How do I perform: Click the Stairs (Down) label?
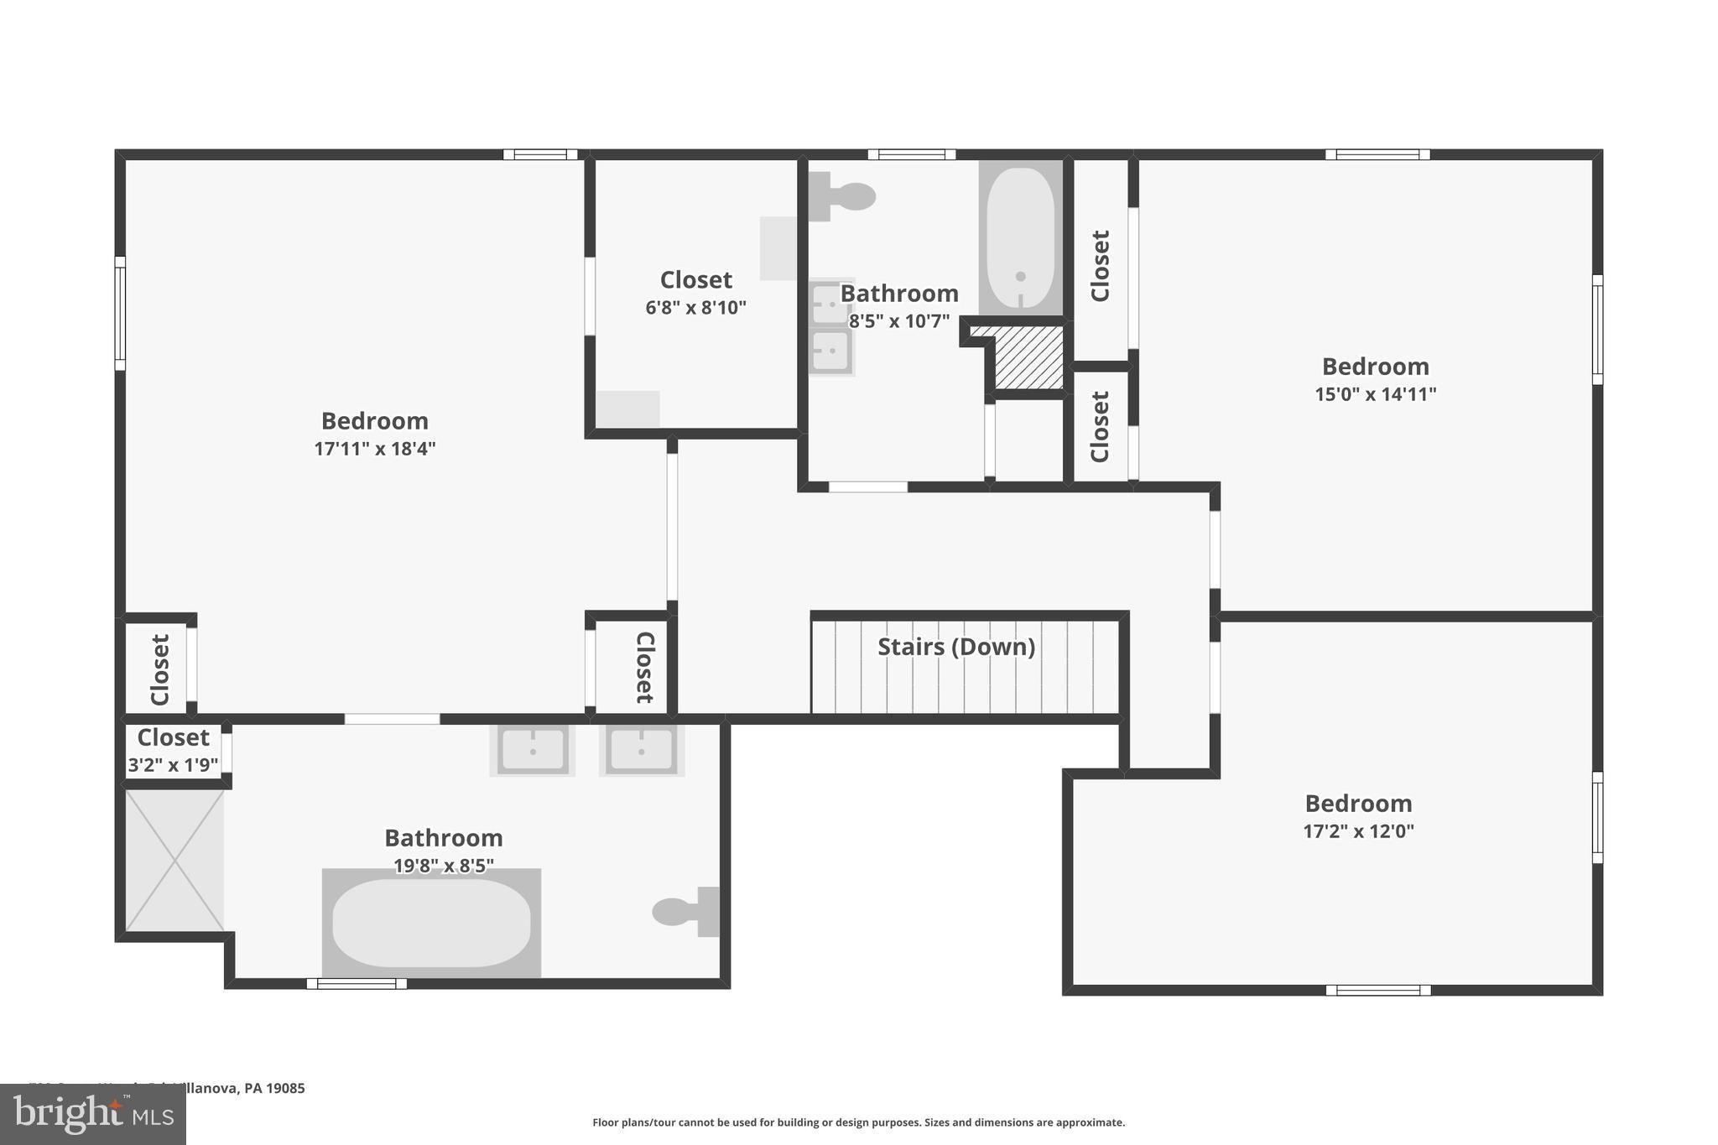pyautogui.click(x=955, y=647)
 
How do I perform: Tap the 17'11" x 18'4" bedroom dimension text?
pyautogui.click(x=375, y=449)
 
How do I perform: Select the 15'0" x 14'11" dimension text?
pyautogui.click(x=1375, y=394)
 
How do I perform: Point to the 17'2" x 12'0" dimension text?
pyautogui.click(x=1358, y=831)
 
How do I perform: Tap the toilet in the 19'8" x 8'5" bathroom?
pyautogui.click(x=684, y=912)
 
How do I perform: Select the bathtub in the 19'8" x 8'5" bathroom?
pyautogui.click(x=431, y=923)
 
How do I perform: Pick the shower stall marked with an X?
pyautogui.click(x=174, y=860)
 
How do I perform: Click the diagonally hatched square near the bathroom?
pyautogui.click(x=1028, y=357)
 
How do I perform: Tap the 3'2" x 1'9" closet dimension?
pyautogui.click(x=173, y=765)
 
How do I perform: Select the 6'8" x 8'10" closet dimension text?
pyautogui.click(x=695, y=308)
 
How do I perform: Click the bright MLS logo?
pyautogui.click(x=92, y=1115)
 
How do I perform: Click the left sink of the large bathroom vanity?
pyautogui.click(x=533, y=748)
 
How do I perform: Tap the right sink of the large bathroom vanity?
pyautogui.click(x=642, y=748)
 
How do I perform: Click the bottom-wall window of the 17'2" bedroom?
pyautogui.click(x=1378, y=990)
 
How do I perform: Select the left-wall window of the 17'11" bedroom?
pyautogui.click(x=120, y=313)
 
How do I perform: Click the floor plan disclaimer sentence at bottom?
pyautogui.click(x=858, y=1122)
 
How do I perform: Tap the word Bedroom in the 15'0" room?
pyautogui.click(x=1375, y=367)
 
